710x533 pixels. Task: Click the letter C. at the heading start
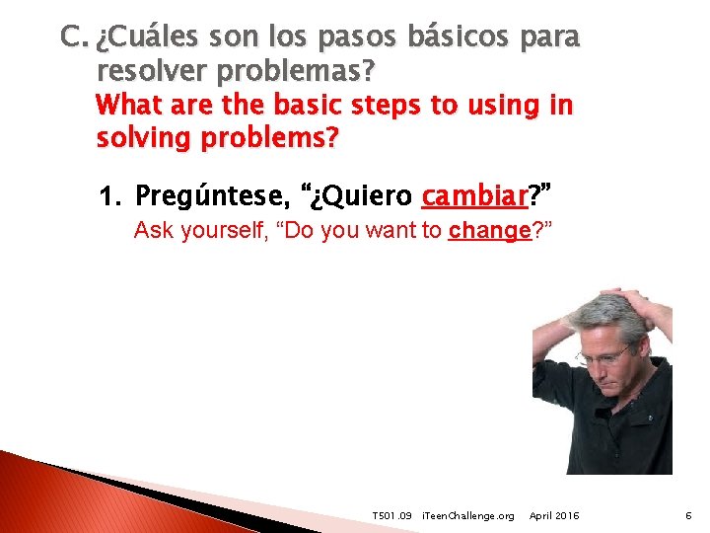click(x=75, y=38)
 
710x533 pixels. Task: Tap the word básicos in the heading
click(x=445, y=38)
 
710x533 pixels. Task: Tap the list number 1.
click(x=109, y=197)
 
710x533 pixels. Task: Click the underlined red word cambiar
click(x=474, y=197)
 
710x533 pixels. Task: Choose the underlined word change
click(x=489, y=232)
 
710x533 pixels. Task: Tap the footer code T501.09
click(x=391, y=516)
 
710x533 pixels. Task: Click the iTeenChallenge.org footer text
click(x=467, y=516)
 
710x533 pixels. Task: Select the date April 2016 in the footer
click(x=554, y=516)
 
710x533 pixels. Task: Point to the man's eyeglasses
click(x=604, y=353)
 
